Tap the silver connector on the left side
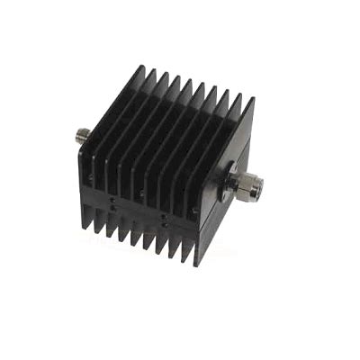click(x=81, y=138)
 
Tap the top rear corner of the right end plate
click(x=252, y=99)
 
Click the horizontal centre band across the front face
click(x=144, y=205)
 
